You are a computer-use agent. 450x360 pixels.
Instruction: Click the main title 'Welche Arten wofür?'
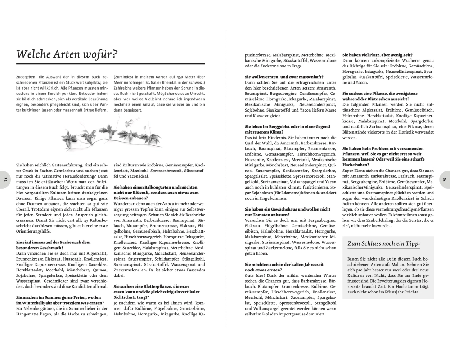(x=67, y=54)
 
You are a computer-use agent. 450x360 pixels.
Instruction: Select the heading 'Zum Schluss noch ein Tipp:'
(x=384, y=244)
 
